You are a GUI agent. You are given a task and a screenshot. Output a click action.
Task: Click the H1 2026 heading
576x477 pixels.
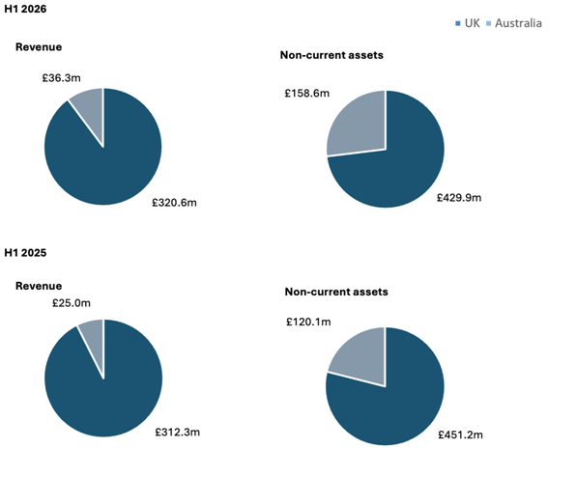click(x=25, y=9)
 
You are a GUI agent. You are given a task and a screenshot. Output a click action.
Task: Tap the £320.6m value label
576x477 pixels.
click(x=178, y=204)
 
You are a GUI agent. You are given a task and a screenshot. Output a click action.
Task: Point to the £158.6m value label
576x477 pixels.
click(x=306, y=94)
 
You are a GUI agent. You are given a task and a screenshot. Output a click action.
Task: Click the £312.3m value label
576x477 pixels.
click(x=179, y=434)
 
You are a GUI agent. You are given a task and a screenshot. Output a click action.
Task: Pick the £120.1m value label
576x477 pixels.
click(x=310, y=322)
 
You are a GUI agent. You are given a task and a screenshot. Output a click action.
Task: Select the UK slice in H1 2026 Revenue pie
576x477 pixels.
click(x=106, y=159)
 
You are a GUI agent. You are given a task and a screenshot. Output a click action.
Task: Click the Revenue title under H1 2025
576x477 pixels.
click(x=39, y=286)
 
